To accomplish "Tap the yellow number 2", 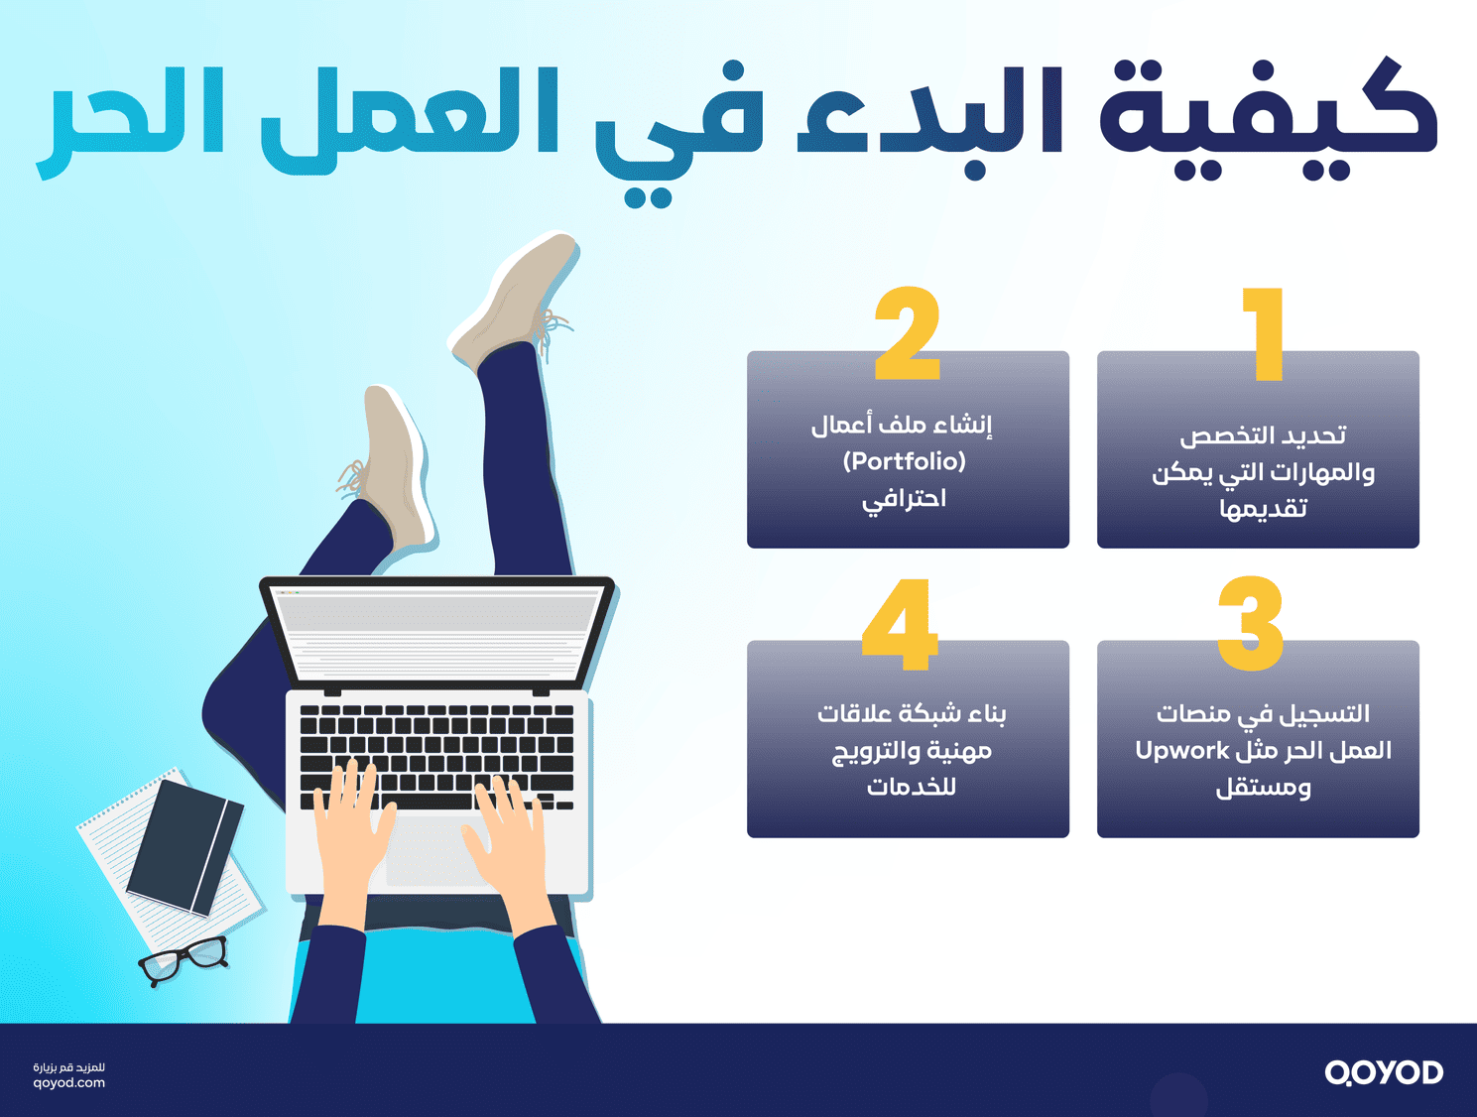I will point(908,334).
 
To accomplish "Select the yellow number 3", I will point(1251,624).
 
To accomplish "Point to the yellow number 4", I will point(900,624).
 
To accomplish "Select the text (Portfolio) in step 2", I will point(904,461).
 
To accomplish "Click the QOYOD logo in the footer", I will point(1384,1072).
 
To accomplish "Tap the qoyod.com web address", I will point(68,1083).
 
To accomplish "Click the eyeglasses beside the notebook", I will point(185,958).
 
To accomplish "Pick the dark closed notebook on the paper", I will point(185,846).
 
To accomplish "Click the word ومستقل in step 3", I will point(1263,789).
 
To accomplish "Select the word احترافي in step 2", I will point(904,499).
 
